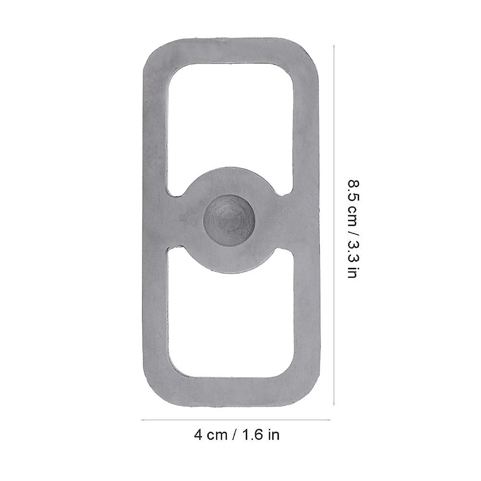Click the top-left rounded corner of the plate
coord(150,50)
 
